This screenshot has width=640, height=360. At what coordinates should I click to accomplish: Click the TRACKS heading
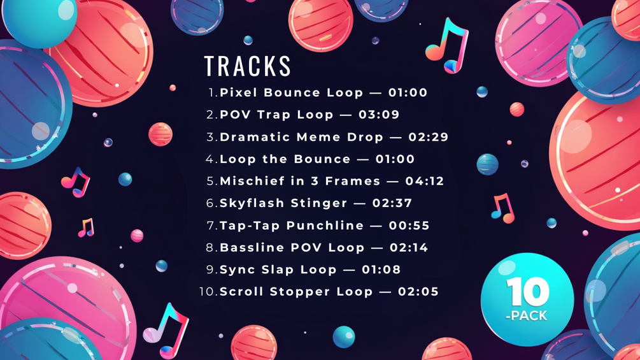click(x=247, y=66)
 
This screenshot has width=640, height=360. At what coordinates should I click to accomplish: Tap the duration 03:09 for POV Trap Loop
click(x=379, y=115)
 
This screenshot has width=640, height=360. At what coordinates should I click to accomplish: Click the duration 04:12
click(x=425, y=181)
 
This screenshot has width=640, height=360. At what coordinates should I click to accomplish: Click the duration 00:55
click(x=409, y=226)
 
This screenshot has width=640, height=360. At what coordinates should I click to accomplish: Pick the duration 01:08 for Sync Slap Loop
click(x=381, y=270)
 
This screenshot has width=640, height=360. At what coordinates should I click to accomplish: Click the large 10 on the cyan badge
click(x=528, y=292)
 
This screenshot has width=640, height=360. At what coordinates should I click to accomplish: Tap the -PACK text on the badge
click(x=526, y=315)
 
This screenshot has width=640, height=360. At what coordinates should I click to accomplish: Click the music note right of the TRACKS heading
click(x=447, y=45)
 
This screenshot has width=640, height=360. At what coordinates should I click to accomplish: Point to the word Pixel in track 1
click(x=239, y=92)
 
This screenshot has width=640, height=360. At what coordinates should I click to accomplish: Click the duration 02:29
click(x=428, y=137)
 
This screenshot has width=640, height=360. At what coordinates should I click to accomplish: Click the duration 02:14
click(x=409, y=247)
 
